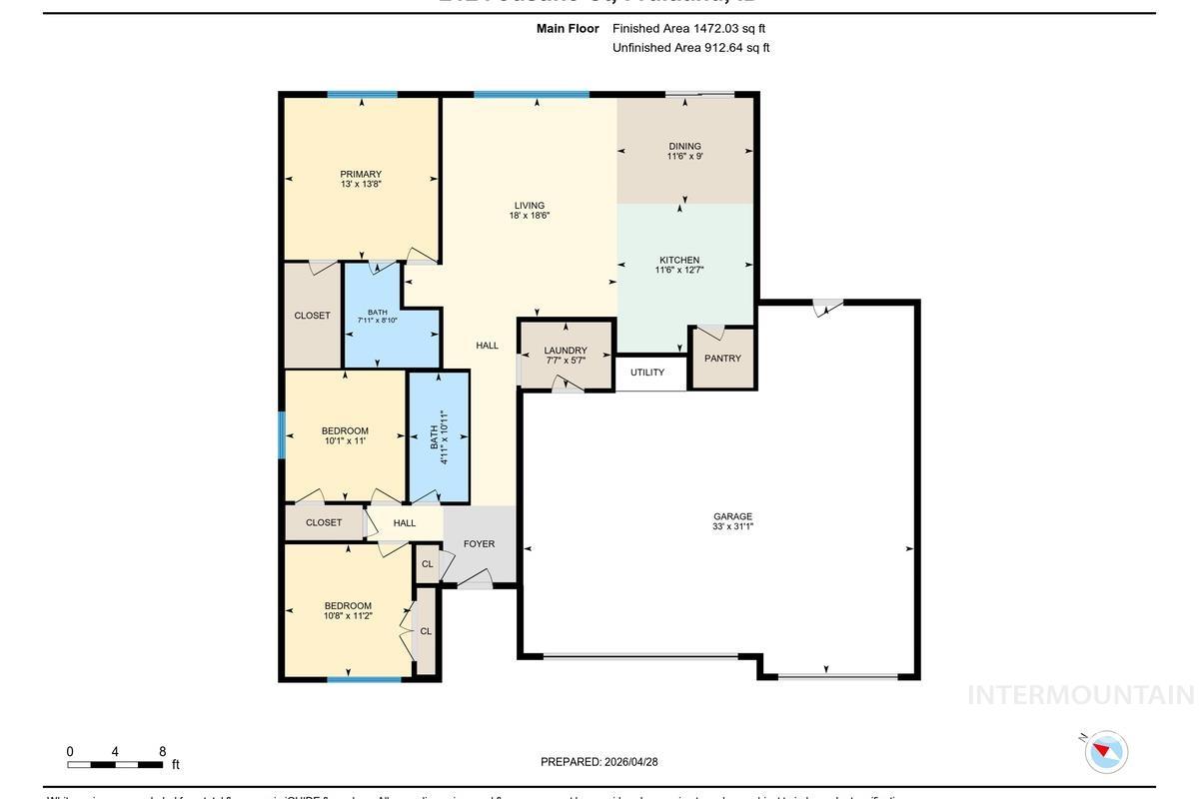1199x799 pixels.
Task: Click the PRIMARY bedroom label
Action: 360,175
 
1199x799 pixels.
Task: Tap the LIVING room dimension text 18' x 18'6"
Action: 530,216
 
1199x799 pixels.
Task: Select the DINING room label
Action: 684,147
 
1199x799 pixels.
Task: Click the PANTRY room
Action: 722,359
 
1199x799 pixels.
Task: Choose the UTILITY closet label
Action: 647,373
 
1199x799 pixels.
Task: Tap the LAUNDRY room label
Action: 566,351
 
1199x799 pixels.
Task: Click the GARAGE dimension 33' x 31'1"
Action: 732,526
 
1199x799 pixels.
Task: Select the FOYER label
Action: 480,544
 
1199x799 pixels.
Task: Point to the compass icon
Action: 1105,751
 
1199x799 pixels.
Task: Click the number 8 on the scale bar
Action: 162,752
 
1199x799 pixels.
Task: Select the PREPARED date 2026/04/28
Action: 599,762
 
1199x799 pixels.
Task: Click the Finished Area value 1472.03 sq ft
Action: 688,29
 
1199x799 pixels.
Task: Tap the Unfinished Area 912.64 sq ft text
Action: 690,48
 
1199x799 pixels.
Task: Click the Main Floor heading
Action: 568,29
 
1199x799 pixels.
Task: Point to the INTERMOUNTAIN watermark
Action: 1080,695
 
